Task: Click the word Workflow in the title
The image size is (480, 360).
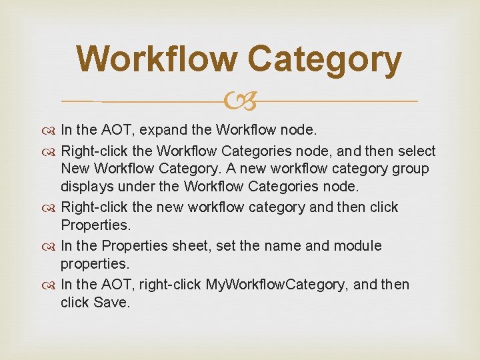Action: click(x=157, y=59)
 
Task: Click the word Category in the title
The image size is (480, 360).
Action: click(x=325, y=59)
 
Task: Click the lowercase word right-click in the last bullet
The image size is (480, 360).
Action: click(x=169, y=285)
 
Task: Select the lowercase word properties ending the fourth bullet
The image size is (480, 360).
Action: click(x=93, y=263)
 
